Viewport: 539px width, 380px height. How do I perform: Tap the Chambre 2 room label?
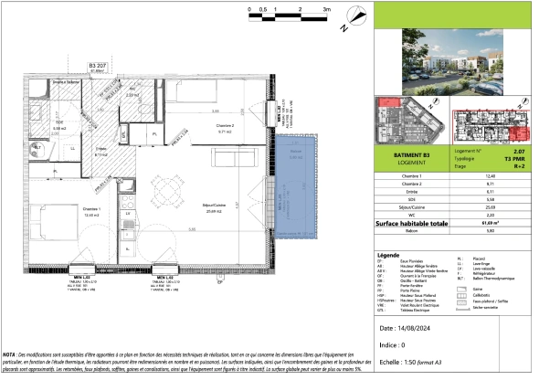(226, 127)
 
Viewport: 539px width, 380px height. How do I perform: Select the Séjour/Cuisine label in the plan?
(216, 207)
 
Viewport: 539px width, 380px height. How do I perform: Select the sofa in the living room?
(232, 157)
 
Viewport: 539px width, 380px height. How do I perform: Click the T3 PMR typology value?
(517, 156)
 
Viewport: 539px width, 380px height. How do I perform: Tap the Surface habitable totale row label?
(411, 223)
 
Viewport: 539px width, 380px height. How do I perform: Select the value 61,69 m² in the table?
(518, 223)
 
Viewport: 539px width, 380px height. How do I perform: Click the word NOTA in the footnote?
(11, 353)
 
